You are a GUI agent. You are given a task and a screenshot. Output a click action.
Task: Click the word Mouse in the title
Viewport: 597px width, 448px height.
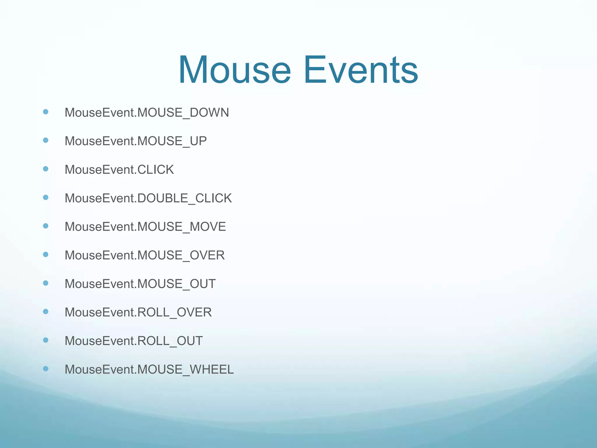coord(235,70)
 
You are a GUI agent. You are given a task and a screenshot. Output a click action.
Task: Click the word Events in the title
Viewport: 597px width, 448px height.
coord(361,70)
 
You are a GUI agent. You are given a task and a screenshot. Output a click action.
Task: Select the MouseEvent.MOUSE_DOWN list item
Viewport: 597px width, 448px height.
coord(147,113)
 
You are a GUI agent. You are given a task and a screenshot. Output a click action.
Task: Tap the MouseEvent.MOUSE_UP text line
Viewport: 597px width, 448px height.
coord(136,141)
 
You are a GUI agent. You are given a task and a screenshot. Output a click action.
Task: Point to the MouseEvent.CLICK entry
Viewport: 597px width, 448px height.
coord(119,170)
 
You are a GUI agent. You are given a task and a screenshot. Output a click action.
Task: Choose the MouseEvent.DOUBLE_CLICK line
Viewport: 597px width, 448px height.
coord(148,198)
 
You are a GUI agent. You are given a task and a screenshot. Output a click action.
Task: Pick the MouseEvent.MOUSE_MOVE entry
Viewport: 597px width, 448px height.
coord(145,227)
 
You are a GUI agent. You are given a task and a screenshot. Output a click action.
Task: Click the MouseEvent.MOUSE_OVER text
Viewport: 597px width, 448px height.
coord(145,255)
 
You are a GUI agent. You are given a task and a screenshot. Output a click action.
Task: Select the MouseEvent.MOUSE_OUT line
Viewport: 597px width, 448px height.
coord(140,284)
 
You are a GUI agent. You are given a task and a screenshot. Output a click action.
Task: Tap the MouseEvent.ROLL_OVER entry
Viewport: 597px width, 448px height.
coord(138,312)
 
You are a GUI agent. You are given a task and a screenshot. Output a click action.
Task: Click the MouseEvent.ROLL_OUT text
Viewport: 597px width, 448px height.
coord(134,341)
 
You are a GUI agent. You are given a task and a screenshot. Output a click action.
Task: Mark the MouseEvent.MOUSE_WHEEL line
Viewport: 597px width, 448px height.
coord(149,370)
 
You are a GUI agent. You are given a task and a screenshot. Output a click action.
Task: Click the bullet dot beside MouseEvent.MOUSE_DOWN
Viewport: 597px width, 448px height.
coord(45,112)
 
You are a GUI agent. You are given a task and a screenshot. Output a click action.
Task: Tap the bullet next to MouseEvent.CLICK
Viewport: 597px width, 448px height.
coord(45,169)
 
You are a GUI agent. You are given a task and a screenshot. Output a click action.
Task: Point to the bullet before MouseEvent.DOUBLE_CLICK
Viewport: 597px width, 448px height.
coord(45,197)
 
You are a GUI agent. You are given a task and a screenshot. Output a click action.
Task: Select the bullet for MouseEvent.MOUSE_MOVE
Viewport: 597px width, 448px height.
coord(45,226)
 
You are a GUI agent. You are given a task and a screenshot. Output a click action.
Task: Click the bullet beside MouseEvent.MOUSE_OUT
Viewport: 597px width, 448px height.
coord(45,283)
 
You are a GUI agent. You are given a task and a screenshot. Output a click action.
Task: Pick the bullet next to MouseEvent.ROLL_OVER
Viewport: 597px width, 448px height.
coord(45,311)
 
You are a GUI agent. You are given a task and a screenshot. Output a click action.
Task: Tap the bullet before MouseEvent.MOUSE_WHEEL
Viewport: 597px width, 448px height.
coord(45,369)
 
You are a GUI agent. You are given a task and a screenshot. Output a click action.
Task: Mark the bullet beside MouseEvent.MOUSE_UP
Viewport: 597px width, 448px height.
coord(45,140)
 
